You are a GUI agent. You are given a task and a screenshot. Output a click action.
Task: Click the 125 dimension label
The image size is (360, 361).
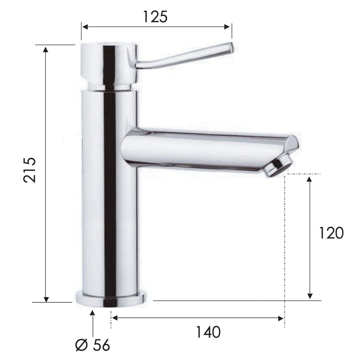click(155, 17)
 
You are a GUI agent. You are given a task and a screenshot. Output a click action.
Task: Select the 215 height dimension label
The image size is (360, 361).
click(30, 170)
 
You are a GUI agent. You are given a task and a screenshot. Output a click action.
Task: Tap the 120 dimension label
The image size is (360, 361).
click(331, 233)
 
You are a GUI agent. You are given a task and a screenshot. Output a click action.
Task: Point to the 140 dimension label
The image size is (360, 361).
click(208, 332)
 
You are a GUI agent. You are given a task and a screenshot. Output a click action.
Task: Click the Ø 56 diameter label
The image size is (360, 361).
click(93, 345)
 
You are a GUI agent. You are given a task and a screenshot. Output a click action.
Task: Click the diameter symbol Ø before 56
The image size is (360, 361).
click(81, 345)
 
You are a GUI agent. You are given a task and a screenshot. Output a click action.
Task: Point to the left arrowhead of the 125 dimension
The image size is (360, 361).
click(85, 27)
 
